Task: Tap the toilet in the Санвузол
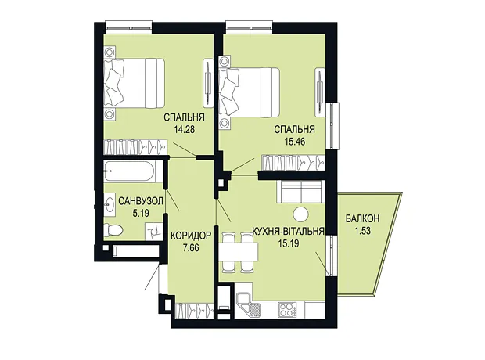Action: click(x=113, y=229)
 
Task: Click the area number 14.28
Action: click(x=185, y=129)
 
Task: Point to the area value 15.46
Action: click(x=294, y=142)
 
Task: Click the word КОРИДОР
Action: click(x=191, y=236)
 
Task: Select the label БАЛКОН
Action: click(x=362, y=219)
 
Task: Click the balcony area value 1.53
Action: click(x=362, y=231)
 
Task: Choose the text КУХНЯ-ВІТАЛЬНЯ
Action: click(x=289, y=231)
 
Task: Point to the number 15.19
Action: click(x=289, y=243)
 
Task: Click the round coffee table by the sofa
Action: click(x=300, y=214)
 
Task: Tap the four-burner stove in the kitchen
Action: click(x=287, y=310)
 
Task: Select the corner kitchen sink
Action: click(x=249, y=305)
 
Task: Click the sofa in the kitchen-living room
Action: click(x=300, y=192)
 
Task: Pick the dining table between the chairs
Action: click(x=239, y=252)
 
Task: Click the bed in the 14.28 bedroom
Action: click(x=134, y=83)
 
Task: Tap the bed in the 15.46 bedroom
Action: click(x=250, y=92)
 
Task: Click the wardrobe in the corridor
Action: click(x=194, y=310)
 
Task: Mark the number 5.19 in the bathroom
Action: click(x=141, y=213)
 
